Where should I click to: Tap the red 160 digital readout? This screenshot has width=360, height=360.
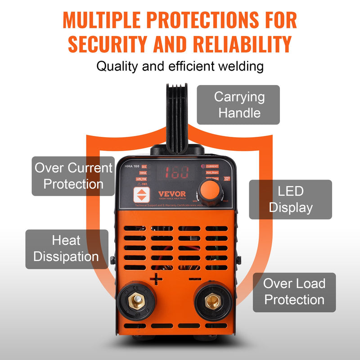(x=176, y=172)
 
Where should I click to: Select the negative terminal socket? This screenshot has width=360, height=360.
(x=212, y=301)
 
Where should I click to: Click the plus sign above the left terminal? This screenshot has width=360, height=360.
(x=156, y=279)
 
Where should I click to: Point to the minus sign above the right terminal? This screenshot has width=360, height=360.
(x=195, y=279)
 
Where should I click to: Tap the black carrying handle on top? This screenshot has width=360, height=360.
(x=179, y=117)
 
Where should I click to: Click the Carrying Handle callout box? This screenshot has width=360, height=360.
(x=239, y=105)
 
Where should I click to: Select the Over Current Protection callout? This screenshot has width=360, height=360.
(x=73, y=176)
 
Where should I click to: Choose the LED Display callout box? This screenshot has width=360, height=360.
(x=290, y=200)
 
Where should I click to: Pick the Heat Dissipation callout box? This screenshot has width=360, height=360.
(x=67, y=249)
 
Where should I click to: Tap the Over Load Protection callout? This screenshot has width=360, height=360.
(x=294, y=292)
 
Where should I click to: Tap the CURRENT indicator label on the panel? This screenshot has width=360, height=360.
(x=212, y=166)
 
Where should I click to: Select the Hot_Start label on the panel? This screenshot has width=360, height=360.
(x=211, y=172)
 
